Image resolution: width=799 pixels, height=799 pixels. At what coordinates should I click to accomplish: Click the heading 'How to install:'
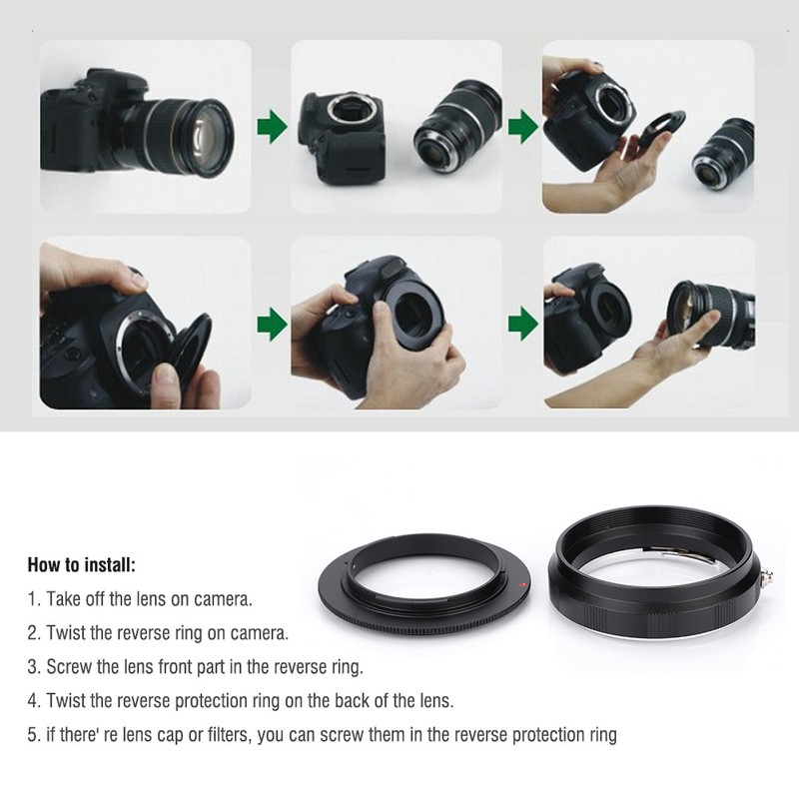[81, 565]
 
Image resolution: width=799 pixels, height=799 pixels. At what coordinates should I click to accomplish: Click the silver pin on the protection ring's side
[770, 576]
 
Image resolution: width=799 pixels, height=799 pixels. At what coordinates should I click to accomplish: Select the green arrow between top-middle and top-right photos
[521, 127]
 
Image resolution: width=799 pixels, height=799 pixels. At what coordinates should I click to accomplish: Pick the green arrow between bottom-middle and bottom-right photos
[521, 323]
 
